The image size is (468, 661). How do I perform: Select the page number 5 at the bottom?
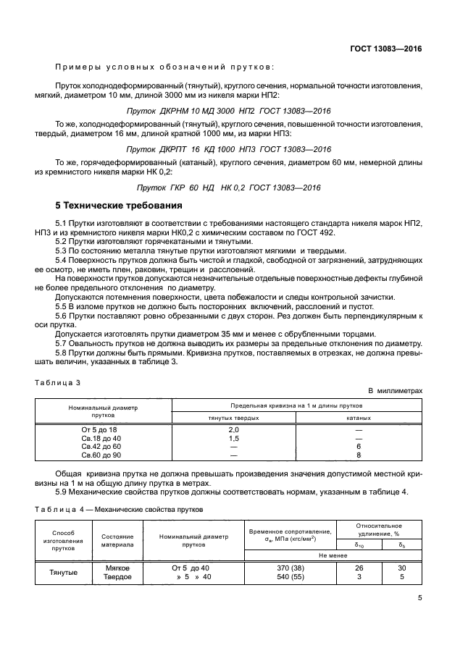(419, 598)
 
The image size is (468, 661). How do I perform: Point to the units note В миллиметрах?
(394, 391)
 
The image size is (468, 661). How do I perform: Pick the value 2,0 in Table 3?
(234, 430)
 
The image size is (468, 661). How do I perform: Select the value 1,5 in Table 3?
(234, 439)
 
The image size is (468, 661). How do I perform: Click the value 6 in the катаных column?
(358, 447)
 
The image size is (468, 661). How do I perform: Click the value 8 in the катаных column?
(358, 455)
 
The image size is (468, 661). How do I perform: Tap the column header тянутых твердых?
(234, 418)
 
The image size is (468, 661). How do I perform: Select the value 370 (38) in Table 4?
(289, 568)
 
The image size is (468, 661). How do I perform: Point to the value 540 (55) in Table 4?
(289, 577)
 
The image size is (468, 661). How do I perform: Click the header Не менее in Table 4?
(334, 555)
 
